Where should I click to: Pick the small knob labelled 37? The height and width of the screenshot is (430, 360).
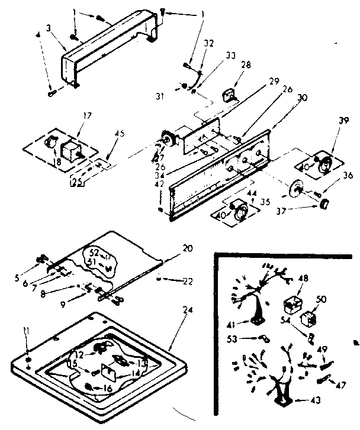coord(324,204)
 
